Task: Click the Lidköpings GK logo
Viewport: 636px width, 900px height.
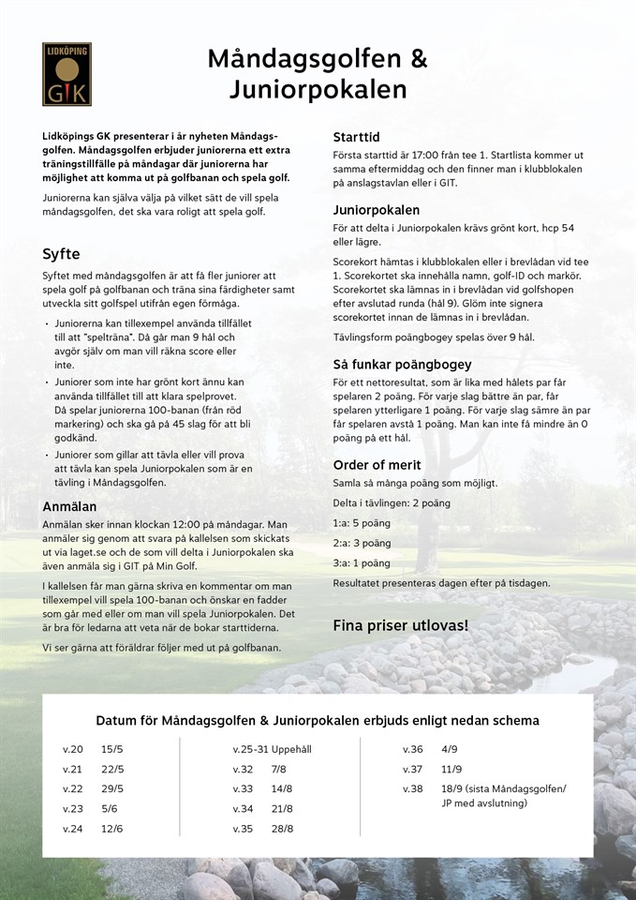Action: point(67,74)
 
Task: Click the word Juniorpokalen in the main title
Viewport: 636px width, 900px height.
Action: point(318,91)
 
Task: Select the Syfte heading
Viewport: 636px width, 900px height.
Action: point(61,254)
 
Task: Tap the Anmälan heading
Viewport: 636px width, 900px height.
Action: point(70,506)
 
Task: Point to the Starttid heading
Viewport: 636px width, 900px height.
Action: point(356,137)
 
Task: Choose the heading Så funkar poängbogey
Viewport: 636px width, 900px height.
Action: point(402,364)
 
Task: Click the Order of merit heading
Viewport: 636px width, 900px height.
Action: point(377,465)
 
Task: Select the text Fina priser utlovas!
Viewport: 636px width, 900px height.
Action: point(401,623)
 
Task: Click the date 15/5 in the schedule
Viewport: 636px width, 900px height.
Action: point(112,749)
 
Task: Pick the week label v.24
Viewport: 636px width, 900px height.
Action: point(73,828)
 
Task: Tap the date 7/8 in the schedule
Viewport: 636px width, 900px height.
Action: point(279,769)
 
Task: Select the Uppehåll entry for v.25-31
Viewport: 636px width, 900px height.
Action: point(290,749)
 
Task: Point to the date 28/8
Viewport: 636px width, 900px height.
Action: point(282,828)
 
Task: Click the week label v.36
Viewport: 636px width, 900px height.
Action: point(413,749)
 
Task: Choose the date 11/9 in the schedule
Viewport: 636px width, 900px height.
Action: point(451,769)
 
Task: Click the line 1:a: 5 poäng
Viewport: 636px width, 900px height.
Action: point(362,523)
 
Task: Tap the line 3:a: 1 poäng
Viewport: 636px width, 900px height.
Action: point(362,563)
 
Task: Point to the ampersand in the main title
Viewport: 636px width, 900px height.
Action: point(418,60)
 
